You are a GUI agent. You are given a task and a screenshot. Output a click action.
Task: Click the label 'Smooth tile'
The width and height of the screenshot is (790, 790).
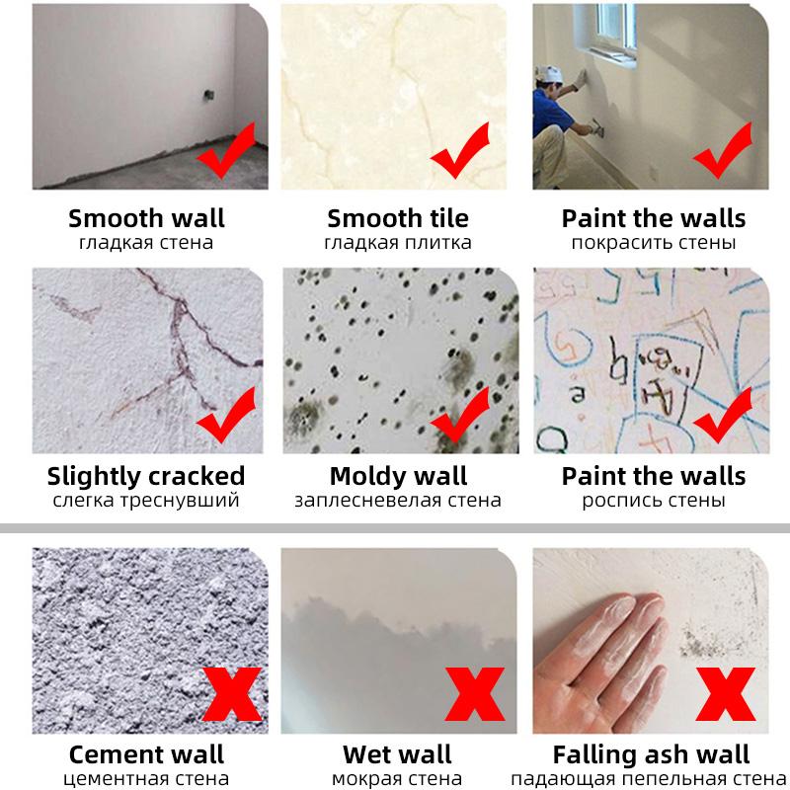click(398, 217)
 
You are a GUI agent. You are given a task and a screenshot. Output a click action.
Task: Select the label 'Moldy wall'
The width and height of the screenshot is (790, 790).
click(398, 475)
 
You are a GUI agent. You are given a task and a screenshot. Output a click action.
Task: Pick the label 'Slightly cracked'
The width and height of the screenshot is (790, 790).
click(146, 475)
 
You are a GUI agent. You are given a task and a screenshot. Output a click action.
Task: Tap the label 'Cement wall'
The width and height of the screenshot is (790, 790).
click(146, 755)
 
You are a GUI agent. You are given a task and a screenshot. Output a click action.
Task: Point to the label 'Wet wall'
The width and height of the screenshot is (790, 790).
click(397, 755)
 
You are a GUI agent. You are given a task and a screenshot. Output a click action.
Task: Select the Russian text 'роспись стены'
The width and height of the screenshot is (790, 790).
click(654, 501)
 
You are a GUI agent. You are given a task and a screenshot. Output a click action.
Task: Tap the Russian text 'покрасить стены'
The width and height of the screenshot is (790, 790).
click(654, 242)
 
